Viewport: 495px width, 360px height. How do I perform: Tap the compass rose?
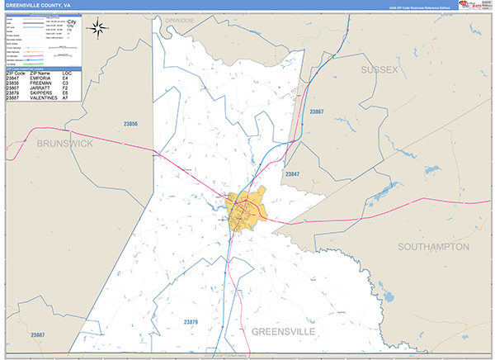pos(98,29)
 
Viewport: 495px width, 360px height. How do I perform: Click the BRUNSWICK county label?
pos(64,143)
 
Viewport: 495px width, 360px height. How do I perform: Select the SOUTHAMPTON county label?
pos(433,247)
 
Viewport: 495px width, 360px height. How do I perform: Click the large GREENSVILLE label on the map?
pos(283,330)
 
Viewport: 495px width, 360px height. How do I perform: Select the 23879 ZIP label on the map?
pos(190,321)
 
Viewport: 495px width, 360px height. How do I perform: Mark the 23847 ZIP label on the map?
pos(292,174)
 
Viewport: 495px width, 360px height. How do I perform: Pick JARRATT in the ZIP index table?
pos(42,88)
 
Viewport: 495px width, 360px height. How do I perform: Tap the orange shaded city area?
pos(246,206)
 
